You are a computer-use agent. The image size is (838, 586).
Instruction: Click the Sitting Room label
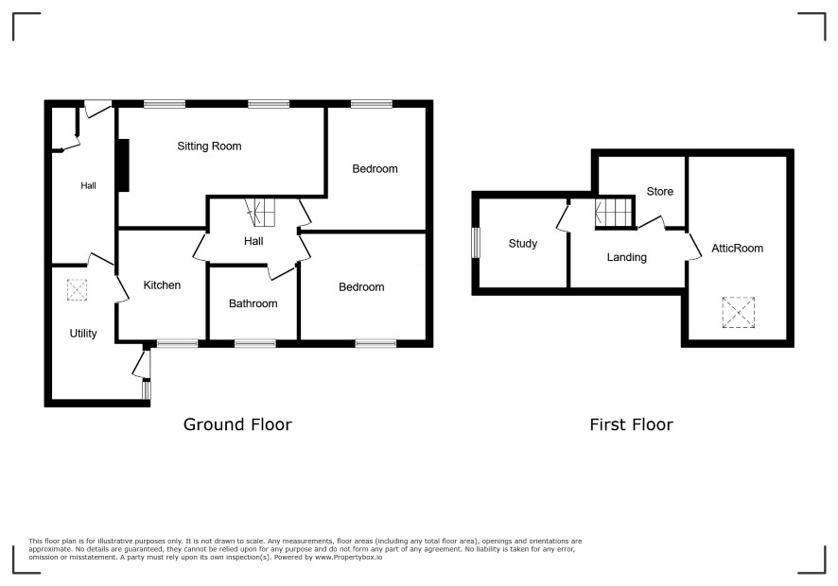209,146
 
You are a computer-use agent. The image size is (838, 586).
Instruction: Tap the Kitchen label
162,285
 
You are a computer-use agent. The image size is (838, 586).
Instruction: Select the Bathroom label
253,303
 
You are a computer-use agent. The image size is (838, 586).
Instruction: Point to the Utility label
83,334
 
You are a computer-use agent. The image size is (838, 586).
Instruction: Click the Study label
523,244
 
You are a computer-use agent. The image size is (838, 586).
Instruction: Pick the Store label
660,191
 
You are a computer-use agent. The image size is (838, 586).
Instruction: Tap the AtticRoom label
737,248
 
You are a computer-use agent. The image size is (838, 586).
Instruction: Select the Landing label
627,257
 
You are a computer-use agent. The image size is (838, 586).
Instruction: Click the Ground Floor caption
237,424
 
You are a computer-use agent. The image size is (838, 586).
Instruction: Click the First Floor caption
631,424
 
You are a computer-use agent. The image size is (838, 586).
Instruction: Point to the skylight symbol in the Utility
77,289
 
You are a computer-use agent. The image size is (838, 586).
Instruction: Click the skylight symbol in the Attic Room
738,313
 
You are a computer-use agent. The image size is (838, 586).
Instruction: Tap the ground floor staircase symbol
260,212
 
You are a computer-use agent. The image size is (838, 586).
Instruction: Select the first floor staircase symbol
614,213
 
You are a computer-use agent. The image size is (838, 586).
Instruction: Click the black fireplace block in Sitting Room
124,165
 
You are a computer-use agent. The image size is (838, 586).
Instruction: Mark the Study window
476,243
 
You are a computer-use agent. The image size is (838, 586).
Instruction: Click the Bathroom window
255,343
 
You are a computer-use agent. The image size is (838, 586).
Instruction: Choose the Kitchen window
178,343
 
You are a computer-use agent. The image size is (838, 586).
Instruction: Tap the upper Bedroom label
375,169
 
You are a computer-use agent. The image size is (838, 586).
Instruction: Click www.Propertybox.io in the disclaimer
348,557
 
